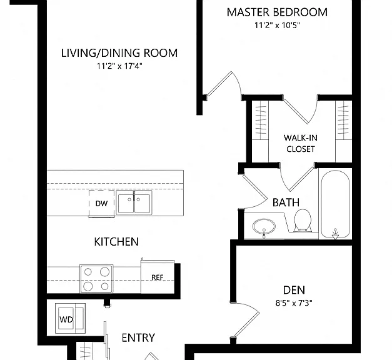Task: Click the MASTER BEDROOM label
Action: tap(277, 12)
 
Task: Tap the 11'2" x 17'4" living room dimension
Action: tap(119, 66)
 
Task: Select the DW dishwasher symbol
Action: tap(101, 204)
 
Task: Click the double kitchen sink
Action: tap(134, 203)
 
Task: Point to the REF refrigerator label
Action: tap(158, 277)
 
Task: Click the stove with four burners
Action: tap(96, 279)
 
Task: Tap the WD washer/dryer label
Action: tap(66, 319)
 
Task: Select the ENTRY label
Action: tap(138, 337)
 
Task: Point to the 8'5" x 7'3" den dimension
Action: tap(294, 303)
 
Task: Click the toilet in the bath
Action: tap(303, 221)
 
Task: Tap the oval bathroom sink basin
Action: tap(264, 227)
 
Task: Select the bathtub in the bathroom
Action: tap(335, 204)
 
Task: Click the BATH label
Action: tap(286, 202)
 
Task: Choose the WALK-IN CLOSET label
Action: tap(301, 144)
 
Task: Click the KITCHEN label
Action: tap(116, 242)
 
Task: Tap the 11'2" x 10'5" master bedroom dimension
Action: tap(277, 25)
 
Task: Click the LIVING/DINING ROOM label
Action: tap(119, 53)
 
